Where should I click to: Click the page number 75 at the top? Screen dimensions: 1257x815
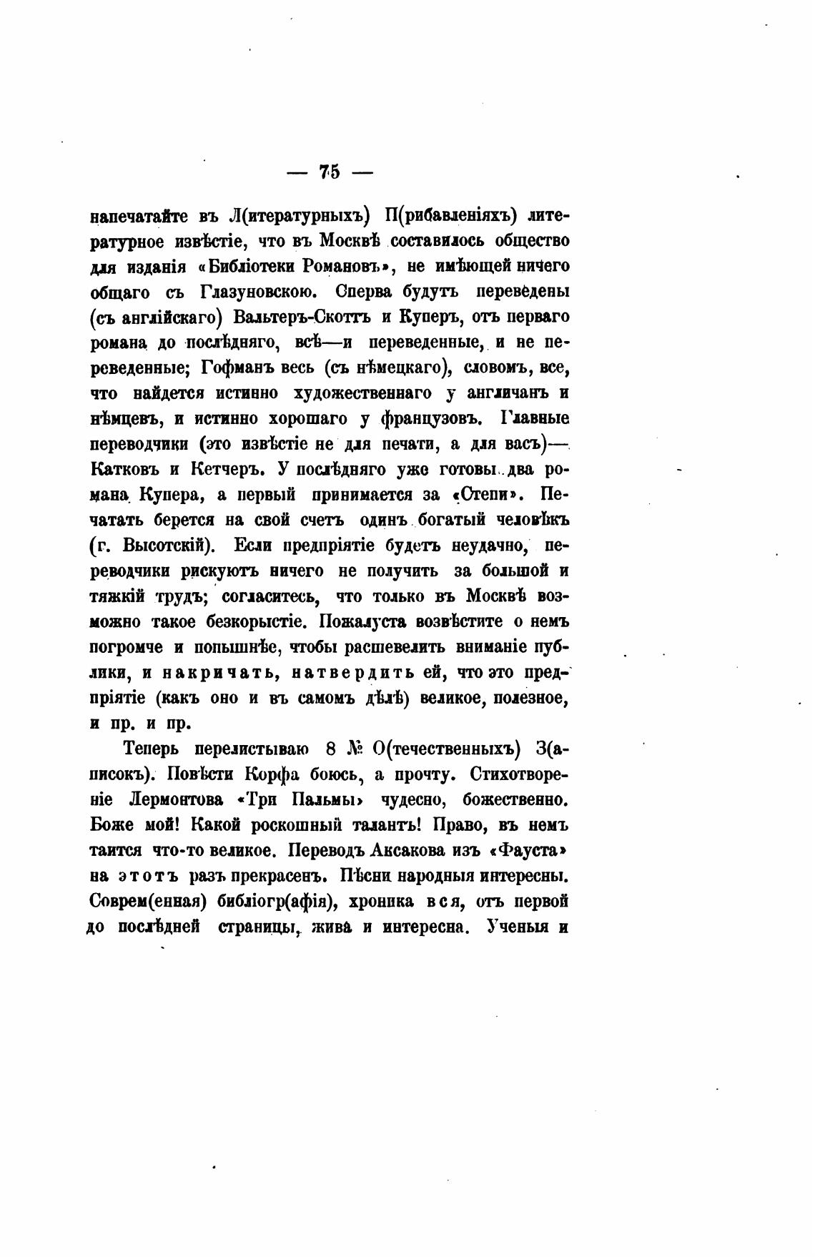[x=330, y=172]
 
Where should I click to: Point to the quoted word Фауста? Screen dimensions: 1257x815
[x=523, y=849]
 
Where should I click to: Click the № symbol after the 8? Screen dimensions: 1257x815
[x=355, y=749]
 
